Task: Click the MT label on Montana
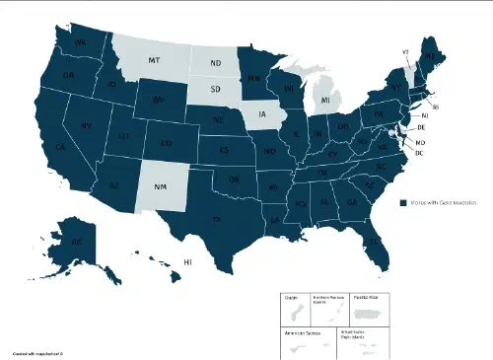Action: click(154, 61)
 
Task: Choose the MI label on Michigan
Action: click(326, 101)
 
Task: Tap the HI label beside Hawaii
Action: click(186, 261)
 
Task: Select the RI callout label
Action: click(437, 106)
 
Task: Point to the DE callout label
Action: click(421, 128)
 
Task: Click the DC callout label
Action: click(419, 153)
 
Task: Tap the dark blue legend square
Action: click(403, 201)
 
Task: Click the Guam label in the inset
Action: click(292, 297)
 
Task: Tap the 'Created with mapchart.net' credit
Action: click(37, 352)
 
